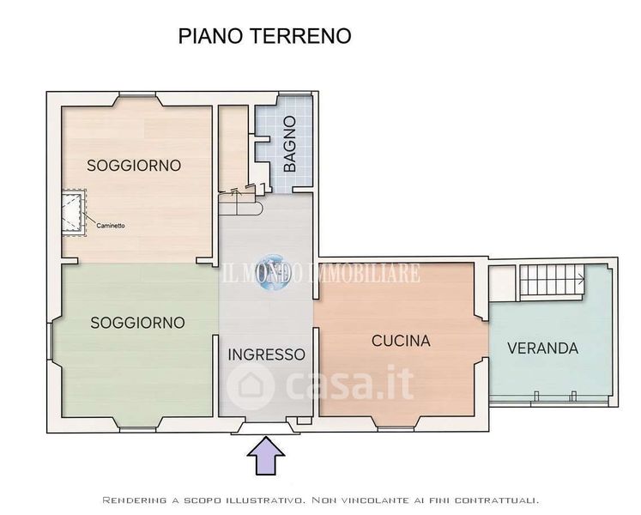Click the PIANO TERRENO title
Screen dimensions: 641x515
coord(265,36)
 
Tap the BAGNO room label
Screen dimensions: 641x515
coord(289,143)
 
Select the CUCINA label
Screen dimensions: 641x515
coord(401,341)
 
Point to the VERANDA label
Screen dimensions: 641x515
coord(542,348)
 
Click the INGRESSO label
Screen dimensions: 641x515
coord(267,354)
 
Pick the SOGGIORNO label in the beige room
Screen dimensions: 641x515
coord(134,166)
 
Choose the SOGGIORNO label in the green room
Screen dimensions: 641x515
coord(137,323)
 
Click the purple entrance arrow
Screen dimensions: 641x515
coord(266,456)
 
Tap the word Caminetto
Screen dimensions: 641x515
coord(111,226)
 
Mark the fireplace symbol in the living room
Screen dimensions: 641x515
coord(74,213)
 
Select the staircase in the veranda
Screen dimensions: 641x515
coord(553,280)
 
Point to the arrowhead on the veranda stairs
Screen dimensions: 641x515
coord(581,280)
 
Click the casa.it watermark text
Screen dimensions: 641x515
coord(349,384)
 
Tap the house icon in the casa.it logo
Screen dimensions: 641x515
coord(250,385)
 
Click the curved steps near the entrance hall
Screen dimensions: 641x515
coord(240,204)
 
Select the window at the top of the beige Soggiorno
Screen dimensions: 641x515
coord(138,95)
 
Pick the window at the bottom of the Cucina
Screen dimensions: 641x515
coord(396,428)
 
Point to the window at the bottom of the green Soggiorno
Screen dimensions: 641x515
coord(138,429)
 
